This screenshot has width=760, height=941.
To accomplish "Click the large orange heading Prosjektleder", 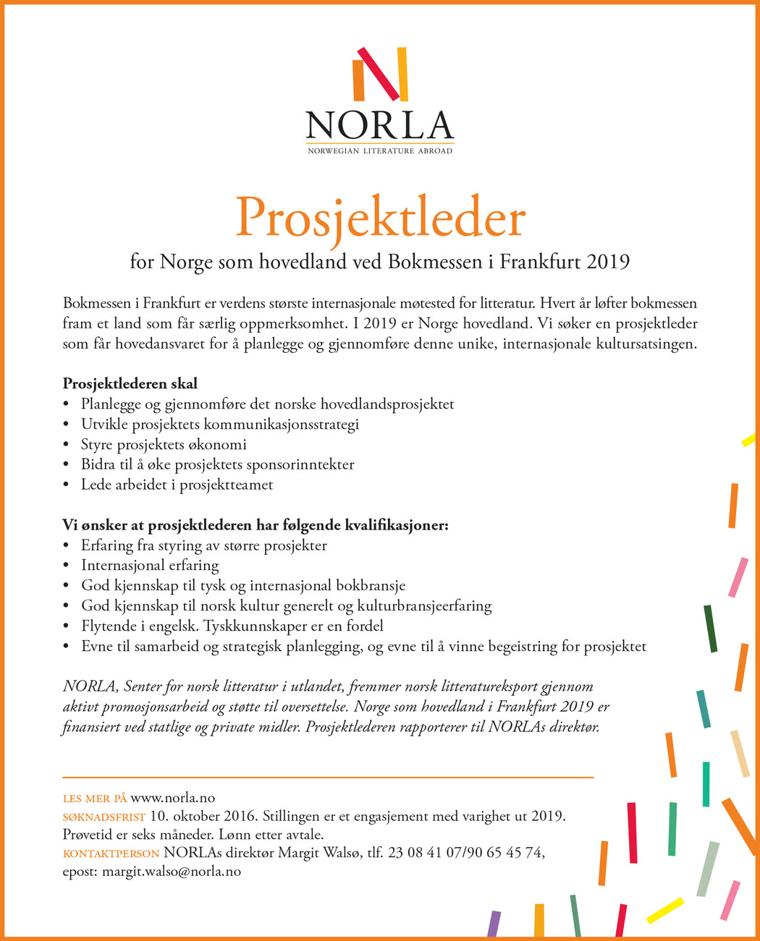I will pyautogui.click(x=380, y=218).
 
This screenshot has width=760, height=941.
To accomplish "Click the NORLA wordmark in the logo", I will pyautogui.click(x=380, y=125).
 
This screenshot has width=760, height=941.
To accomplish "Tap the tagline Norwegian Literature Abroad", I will pyautogui.click(x=380, y=150).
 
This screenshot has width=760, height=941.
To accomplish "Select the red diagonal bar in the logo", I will pyautogui.click(x=379, y=74).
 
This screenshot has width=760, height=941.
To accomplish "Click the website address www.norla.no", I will pyautogui.click(x=173, y=799).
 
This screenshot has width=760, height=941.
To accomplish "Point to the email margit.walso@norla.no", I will pyautogui.click(x=172, y=872).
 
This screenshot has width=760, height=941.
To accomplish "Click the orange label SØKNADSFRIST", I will pyautogui.click(x=104, y=817).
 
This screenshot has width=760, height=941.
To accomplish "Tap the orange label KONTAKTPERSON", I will pyautogui.click(x=111, y=853).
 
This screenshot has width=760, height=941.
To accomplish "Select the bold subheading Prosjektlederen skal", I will pyautogui.click(x=130, y=383).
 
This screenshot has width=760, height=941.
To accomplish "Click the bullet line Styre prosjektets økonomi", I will pyautogui.click(x=164, y=444).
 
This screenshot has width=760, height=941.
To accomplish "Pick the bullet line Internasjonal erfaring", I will pyautogui.click(x=150, y=565).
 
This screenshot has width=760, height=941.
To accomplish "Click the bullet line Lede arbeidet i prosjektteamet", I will pyautogui.click(x=177, y=485).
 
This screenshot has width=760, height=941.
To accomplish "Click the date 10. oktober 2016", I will pyautogui.click(x=203, y=817).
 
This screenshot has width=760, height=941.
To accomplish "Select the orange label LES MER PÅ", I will pyautogui.click(x=95, y=799).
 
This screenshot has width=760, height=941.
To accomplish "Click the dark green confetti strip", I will pyautogui.click(x=710, y=628).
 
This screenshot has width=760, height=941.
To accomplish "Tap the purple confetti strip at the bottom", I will pyautogui.click(x=494, y=924).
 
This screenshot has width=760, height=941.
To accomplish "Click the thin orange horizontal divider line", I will pyautogui.click(x=328, y=778).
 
